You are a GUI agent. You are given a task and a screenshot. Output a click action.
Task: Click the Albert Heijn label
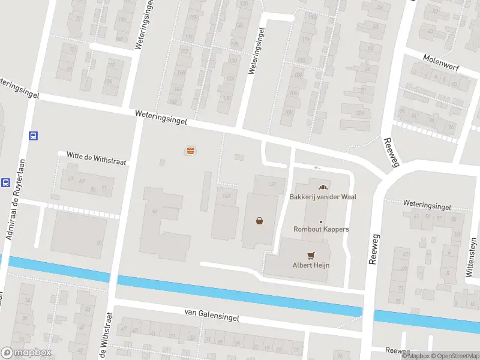311,265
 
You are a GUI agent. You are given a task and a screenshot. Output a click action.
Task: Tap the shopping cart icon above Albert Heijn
311,255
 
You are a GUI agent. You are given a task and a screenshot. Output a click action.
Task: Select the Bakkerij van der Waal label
319,197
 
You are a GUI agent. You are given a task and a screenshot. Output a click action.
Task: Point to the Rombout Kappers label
321,229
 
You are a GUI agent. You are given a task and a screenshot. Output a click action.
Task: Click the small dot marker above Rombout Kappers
321,221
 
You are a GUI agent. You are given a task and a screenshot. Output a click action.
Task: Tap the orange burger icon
190,151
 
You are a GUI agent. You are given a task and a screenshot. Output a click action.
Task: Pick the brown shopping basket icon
260,220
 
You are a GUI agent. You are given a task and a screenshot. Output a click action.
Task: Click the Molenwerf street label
440,64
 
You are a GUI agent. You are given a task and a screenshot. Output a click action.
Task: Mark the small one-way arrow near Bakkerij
317,167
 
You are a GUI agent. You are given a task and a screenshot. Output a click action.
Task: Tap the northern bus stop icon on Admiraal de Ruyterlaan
34,136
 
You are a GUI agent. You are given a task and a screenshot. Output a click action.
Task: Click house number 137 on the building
272,183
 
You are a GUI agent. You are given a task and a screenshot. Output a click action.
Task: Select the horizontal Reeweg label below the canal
397,350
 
